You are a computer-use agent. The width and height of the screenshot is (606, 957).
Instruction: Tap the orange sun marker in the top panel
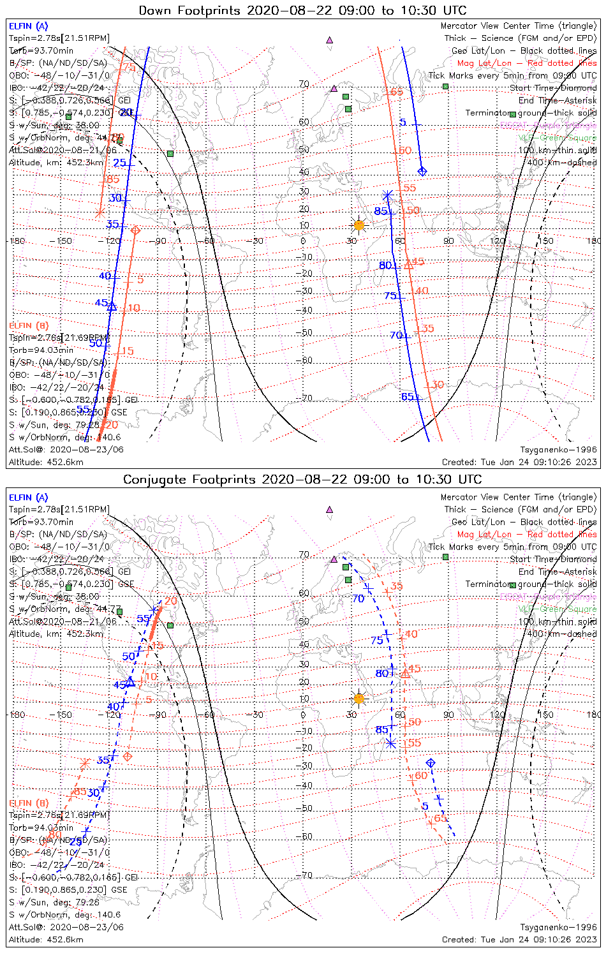click(x=359, y=225)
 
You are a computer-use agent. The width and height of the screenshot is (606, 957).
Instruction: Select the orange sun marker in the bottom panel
click(x=359, y=699)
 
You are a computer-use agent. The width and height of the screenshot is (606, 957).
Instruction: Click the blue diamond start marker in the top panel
click(x=422, y=171)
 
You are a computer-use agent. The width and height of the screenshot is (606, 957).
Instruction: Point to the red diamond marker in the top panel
click(x=135, y=230)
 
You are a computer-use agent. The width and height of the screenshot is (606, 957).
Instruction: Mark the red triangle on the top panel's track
click(x=409, y=264)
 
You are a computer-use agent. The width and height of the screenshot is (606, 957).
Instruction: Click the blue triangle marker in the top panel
click(x=112, y=306)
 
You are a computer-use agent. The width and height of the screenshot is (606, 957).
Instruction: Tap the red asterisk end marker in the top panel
click(x=100, y=213)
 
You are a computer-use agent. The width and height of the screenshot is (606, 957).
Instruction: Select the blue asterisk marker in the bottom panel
click(x=391, y=743)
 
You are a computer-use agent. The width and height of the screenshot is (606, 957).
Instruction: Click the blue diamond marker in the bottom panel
click(x=431, y=763)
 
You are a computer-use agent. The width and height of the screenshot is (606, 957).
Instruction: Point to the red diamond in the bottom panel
click(x=128, y=757)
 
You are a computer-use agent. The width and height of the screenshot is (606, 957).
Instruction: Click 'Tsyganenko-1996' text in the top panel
click(x=558, y=450)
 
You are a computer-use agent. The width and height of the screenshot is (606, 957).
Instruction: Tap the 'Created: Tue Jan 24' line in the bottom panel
click(x=519, y=940)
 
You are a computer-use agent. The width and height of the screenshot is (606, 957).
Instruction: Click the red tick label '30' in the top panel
click(x=438, y=385)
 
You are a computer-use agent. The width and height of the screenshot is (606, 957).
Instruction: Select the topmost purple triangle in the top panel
click(x=329, y=40)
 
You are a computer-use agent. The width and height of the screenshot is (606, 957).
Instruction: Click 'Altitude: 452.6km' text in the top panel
click(x=46, y=462)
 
